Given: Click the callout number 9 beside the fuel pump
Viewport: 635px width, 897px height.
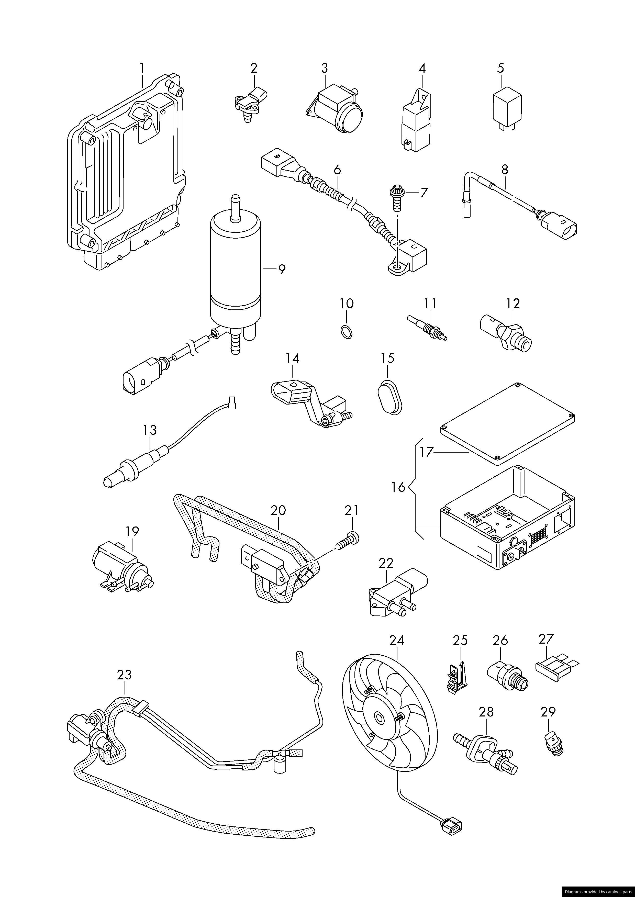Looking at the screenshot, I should [282, 269].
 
